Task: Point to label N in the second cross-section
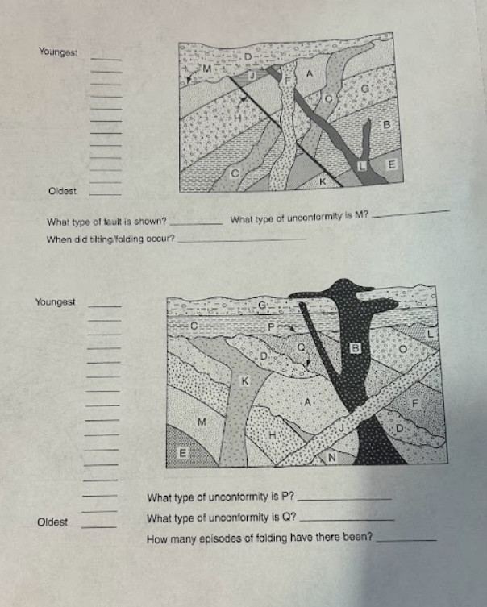coord(330,457)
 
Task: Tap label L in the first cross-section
coord(361,164)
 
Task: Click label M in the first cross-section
coord(206,69)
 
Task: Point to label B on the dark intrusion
coord(353,348)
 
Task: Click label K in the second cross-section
coord(245,378)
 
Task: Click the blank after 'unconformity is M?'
coord(419,214)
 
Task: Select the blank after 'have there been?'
coord(406,539)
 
